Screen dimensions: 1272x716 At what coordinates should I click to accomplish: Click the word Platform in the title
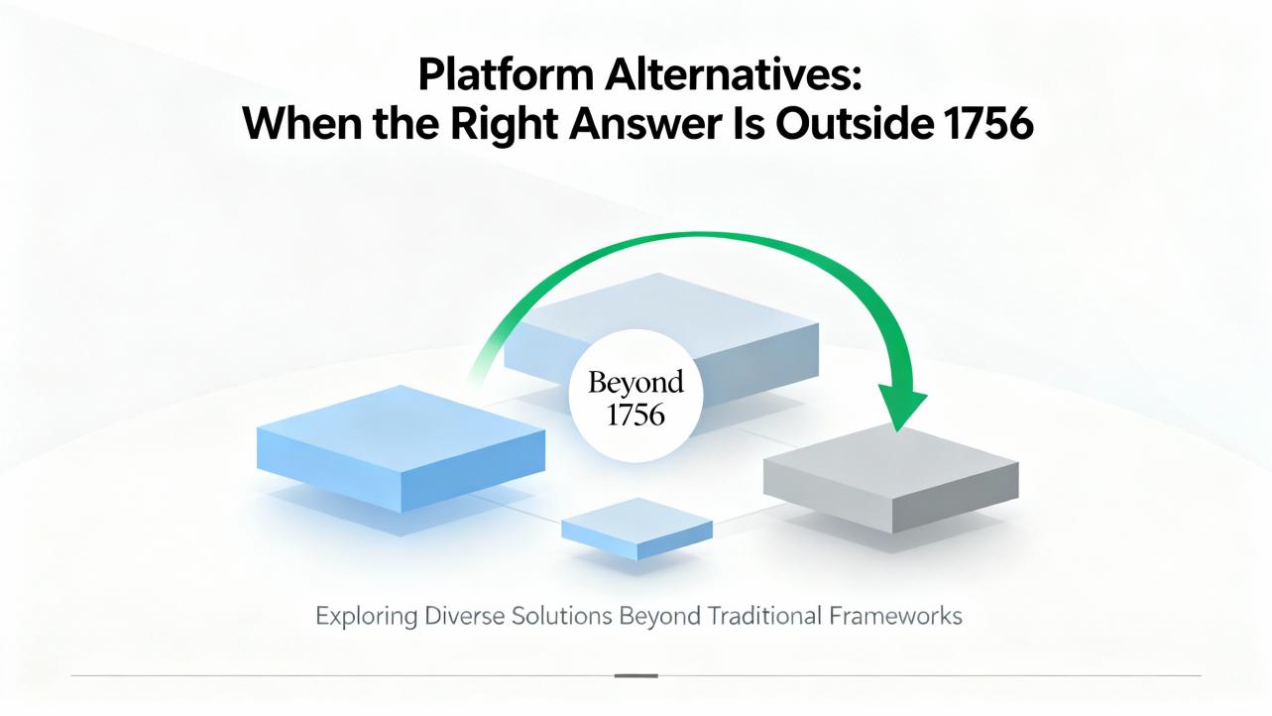pyautogui.click(x=506, y=75)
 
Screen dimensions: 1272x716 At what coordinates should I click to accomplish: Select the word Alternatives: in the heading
pyautogui.click(x=733, y=74)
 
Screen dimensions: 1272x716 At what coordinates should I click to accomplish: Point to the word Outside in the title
pyautogui.click(x=855, y=123)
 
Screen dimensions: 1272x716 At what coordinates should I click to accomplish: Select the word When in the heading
pyautogui.click(x=302, y=124)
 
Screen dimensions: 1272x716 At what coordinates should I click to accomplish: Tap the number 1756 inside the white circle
pyautogui.click(x=636, y=415)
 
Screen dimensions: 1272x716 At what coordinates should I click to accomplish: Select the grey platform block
pyautogui.click(x=890, y=479)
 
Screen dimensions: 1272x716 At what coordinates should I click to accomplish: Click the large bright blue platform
pyautogui.click(x=401, y=448)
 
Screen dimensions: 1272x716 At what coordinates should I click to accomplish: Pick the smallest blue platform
pyautogui.click(x=637, y=529)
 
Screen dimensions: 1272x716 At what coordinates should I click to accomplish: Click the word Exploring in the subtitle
pyautogui.click(x=366, y=616)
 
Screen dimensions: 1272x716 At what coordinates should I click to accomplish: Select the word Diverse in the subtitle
pyautogui.click(x=464, y=616)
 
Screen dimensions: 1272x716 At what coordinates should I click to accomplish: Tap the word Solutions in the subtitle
pyautogui.click(x=561, y=616)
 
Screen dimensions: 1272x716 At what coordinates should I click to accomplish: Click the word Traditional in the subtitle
pyautogui.click(x=764, y=616)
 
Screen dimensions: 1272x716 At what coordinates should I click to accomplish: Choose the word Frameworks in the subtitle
pyautogui.click(x=895, y=616)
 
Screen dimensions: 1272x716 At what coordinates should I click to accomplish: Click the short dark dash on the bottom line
pyautogui.click(x=636, y=676)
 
